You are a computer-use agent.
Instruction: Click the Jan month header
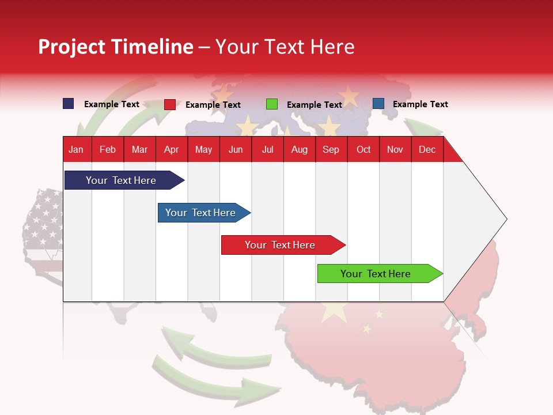click(x=76, y=149)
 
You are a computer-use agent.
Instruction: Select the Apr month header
click(x=172, y=149)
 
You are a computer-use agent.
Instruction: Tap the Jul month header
click(x=267, y=149)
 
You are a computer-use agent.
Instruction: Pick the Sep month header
click(x=331, y=149)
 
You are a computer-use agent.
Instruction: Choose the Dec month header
click(x=427, y=149)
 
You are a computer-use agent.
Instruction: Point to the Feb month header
click(x=108, y=149)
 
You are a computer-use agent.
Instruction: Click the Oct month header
click(x=363, y=149)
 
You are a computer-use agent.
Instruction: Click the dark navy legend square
click(x=68, y=104)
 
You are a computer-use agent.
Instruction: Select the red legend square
click(x=169, y=104)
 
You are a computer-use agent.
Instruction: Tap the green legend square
click(x=271, y=104)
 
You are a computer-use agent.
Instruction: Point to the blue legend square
click(x=378, y=104)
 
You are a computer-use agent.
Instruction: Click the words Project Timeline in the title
click(x=116, y=47)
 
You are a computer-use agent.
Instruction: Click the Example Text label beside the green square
click(x=315, y=105)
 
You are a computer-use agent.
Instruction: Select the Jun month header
click(x=236, y=149)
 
